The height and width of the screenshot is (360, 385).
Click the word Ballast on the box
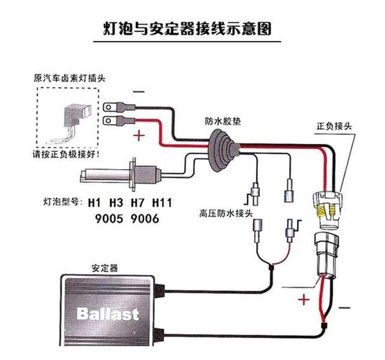[107, 314]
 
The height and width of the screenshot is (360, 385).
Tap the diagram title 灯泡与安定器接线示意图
[187, 29]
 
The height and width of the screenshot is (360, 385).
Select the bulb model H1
[94, 203]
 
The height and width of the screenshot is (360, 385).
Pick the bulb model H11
[162, 203]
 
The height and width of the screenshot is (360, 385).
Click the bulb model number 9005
[109, 219]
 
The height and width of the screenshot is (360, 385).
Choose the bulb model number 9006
[145, 219]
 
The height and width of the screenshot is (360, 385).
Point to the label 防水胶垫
[223, 121]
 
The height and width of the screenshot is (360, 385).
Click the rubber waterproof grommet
[223, 150]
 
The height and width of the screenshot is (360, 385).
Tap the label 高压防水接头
[226, 213]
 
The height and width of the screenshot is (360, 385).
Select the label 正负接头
[335, 126]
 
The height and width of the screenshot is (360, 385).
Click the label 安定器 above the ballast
[105, 268]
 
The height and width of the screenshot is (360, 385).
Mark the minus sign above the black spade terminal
[139, 92]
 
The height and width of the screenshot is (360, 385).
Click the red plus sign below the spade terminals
[139, 135]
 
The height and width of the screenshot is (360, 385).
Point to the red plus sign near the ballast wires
[304, 300]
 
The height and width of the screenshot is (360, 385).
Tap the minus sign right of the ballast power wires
[344, 307]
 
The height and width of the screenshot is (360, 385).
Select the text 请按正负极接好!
[66, 155]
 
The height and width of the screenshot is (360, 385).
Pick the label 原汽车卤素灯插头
[70, 78]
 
